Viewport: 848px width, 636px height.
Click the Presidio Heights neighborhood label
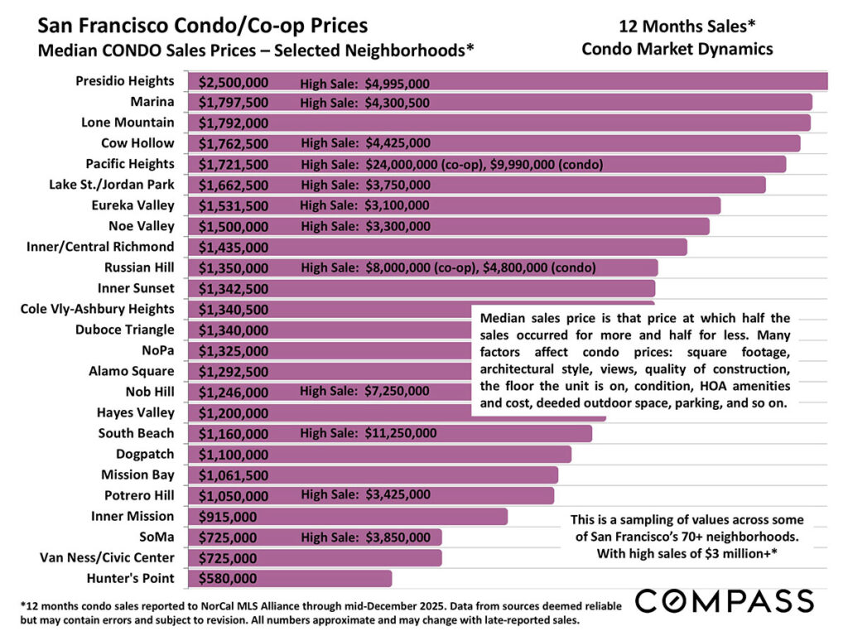125,81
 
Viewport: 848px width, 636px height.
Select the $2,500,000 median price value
234,82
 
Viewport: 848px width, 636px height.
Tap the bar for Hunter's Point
331,578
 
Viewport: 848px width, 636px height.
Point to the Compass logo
724,600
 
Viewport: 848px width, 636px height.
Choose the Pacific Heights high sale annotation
452,165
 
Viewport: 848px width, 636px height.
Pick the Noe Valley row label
142,226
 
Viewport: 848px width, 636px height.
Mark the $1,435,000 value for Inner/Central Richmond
234,247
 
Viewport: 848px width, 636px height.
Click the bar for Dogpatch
414,454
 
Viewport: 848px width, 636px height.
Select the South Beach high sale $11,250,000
369,433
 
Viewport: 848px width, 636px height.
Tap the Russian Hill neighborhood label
139,267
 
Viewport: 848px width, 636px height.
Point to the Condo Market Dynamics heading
677,49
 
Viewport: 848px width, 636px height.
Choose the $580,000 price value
228,578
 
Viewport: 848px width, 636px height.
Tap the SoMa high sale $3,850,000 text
365,537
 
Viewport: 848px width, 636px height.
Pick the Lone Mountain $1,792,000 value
234,123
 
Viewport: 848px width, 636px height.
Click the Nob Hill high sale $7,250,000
365,392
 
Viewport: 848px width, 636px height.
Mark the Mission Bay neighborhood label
137,475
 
